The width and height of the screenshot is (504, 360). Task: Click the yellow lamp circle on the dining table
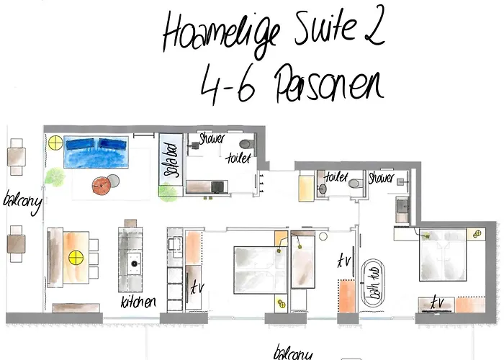click(73, 255)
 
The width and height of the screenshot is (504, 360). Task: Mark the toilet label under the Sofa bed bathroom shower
click(238, 158)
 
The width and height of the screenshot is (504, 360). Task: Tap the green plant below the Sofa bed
click(168, 192)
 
